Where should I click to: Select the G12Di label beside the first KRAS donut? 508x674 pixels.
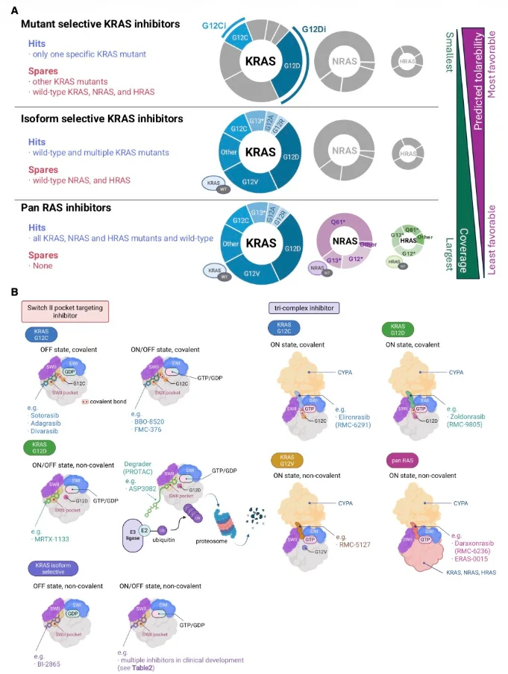tap(317, 30)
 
